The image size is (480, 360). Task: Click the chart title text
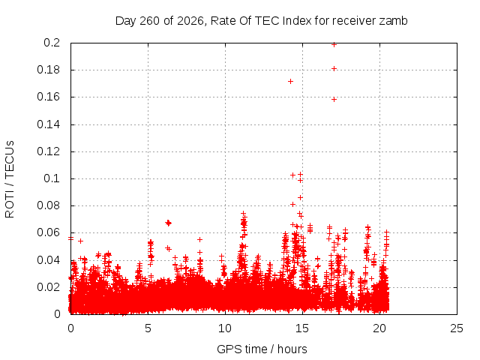(x=262, y=21)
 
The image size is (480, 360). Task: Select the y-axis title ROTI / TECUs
(x=10, y=179)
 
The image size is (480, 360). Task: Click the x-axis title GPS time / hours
(x=262, y=349)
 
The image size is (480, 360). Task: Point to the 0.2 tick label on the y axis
(x=52, y=43)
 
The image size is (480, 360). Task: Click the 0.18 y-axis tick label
(x=48, y=70)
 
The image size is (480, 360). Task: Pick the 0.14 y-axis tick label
(x=48, y=124)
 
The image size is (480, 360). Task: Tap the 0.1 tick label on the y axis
(x=52, y=178)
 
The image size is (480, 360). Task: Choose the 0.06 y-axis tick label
(x=48, y=232)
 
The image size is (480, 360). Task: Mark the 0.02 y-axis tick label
(x=48, y=287)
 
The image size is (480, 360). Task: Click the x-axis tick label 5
(x=148, y=328)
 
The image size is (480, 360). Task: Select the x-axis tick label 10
(x=225, y=328)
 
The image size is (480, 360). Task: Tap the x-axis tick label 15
(x=302, y=328)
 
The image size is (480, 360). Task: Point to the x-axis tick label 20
(x=379, y=328)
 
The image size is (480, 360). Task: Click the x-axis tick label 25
(x=457, y=328)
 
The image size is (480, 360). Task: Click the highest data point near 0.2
(x=334, y=45)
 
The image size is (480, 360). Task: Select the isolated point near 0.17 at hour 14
(x=290, y=82)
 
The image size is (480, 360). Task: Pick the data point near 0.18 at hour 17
(x=334, y=68)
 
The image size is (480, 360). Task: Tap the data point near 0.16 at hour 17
(x=334, y=100)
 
